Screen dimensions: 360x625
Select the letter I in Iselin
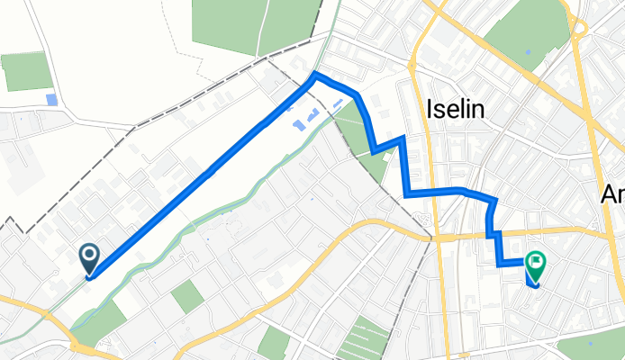(x=427, y=110)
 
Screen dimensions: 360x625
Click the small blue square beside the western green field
(x=50, y=99)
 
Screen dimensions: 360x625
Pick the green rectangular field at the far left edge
(x=27, y=71)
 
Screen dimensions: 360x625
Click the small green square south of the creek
(x=188, y=297)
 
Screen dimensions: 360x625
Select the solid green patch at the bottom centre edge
(x=274, y=344)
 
